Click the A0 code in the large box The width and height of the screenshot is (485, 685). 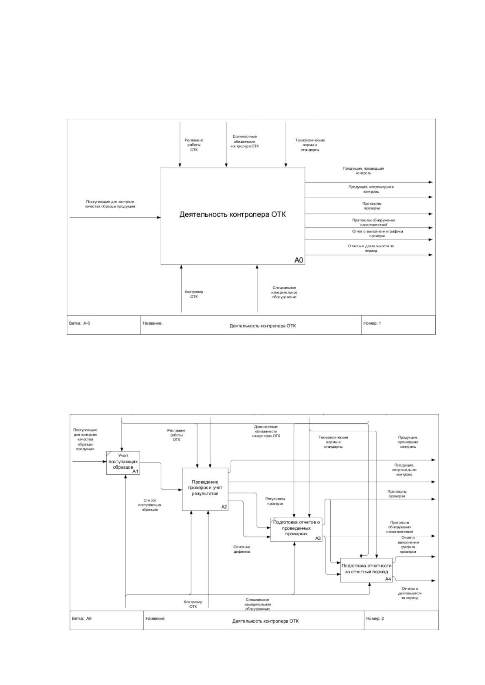(x=298, y=260)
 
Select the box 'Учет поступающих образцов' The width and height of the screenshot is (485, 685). (x=123, y=462)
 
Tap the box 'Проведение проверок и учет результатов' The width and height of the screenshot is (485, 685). (x=205, y=489)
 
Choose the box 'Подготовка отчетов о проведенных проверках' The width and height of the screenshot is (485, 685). (x=296, y=530)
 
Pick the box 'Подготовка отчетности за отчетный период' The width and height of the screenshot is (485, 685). (x=366, y=570)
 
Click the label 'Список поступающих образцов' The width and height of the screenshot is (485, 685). (x=150, y=505)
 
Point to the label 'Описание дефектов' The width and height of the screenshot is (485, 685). (x=242, y=549)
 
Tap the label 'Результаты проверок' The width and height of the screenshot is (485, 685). (x=275, y=501)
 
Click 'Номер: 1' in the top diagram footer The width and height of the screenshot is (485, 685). (x=372, y=323)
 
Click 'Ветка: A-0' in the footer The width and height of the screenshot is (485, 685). (x=79, y=323)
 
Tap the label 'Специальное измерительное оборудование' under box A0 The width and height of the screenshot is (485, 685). (x=284, y=292)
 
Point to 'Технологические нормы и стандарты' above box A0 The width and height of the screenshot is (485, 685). (x=310, y=145)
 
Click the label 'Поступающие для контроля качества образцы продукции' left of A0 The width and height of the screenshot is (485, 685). (x=110, y=204)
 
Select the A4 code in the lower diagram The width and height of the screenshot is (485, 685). (x=388, y=578)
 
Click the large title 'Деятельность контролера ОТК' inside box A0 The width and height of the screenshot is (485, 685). (x=233, y=214)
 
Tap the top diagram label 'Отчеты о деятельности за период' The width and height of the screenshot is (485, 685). (x=371, y=248)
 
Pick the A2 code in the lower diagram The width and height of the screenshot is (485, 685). (x=224, y=507)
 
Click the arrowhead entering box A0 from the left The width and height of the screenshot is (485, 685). (x=159, y=218)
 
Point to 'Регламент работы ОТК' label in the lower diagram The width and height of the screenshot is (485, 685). (x=176, y=435)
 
